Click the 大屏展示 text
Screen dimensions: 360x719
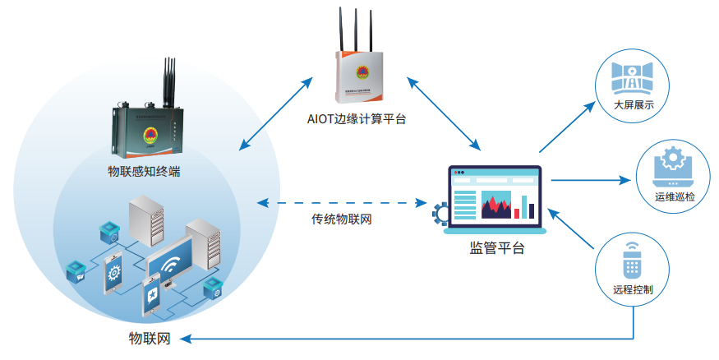coord(633,105)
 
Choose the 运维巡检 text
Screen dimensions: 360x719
coord(674,197)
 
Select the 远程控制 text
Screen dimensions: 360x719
coord(633,289)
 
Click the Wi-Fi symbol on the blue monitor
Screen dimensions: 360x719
coord(172,265)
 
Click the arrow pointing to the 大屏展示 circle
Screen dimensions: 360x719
coord(567,127)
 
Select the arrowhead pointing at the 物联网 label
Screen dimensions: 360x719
coord(186,338)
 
